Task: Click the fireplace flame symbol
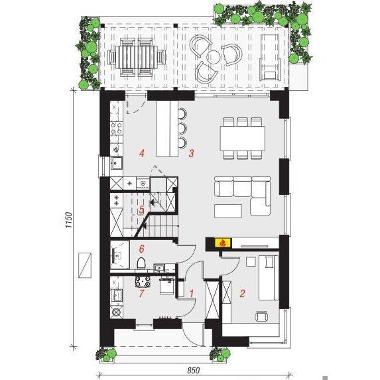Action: (x=223, y=243)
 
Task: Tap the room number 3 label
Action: (x=191, y=153)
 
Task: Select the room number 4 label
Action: (x=142, y=153)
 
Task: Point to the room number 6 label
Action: (x=141, y=249)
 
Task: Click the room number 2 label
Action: (x=242, y=293)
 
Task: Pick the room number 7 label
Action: (x=141, y=293)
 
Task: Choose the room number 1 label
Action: (x=192, y=293)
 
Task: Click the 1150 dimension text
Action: (x=69, y=220)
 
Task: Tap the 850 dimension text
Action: (x=194, y=370)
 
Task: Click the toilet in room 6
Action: (x=141, y=263)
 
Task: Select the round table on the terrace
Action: (x=214, y=57)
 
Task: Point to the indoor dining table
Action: (x=242, y=139)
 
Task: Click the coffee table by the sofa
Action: (x=228, y=211)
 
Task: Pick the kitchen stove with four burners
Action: (x=116, y=128)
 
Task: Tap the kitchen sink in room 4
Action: (x=117, y=163)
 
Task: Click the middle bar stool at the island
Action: (x=182, y=128)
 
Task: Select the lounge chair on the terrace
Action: (x=269, y=58)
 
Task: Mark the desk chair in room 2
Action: (x=261, y=316)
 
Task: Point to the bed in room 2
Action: (x=269, y=277)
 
